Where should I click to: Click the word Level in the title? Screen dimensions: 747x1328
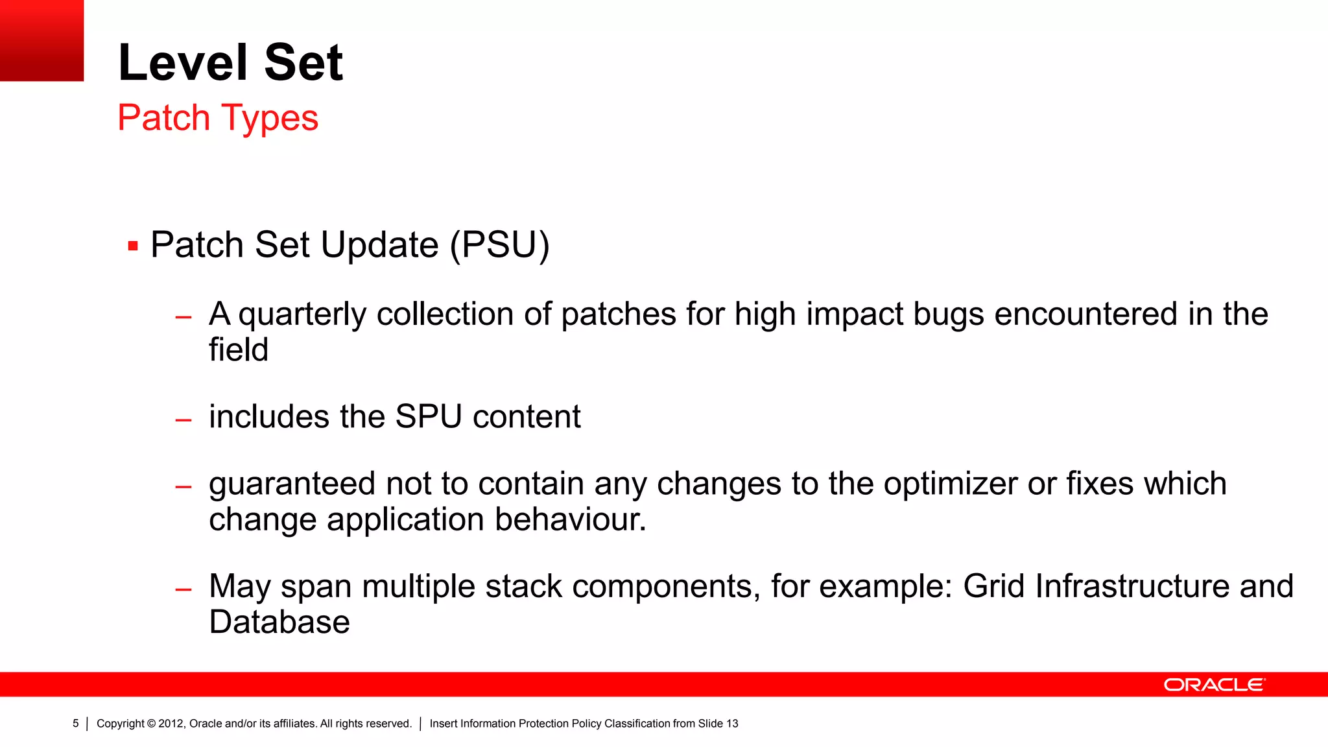[184, 63]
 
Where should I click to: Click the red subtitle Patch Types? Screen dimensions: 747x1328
[218, 118]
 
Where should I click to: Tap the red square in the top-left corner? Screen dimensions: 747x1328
[41, 40]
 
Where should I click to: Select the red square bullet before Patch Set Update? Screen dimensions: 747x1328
[133, 246]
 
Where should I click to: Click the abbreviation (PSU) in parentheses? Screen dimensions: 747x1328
[500, 245]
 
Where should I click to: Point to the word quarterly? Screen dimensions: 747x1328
[302, 315]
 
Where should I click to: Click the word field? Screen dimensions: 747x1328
[238, 350]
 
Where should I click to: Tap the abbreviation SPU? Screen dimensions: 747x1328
[428, 417]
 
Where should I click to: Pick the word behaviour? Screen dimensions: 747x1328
[570, 520]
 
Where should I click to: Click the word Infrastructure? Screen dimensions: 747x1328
[1132, 587]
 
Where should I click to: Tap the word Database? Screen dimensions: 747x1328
[279, 622]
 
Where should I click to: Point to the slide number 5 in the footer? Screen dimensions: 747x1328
[76, 724]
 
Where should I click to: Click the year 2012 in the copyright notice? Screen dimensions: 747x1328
[171, 724]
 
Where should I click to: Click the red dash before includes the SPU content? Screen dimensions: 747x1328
[184, 420]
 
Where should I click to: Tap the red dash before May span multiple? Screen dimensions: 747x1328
[184, 589]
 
